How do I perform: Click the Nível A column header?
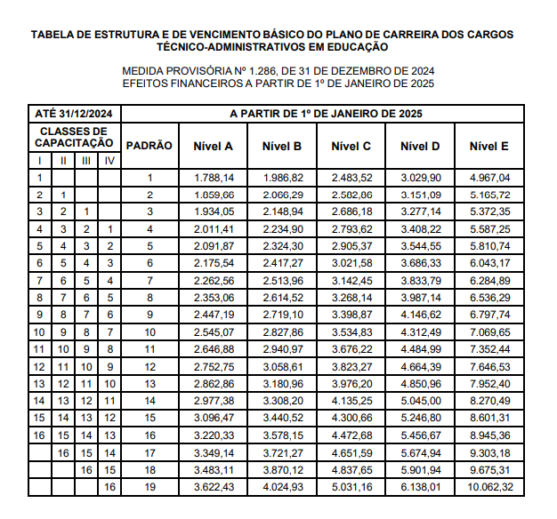(214, 146)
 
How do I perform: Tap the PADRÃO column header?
(149, 146)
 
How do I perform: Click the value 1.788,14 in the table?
(214, 178)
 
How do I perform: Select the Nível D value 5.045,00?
(421, 401)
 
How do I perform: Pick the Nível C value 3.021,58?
(351, 264)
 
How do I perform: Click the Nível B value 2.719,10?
(283, 315)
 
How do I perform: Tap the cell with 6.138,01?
(421, 487)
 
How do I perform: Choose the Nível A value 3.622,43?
(214, 487)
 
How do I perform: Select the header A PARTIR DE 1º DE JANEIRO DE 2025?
(326, 114)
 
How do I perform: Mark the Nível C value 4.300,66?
(351, 419)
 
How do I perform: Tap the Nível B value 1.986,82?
(283, 178)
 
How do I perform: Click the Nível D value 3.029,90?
(421, 178)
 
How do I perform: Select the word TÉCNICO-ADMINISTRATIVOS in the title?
(226, 46)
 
